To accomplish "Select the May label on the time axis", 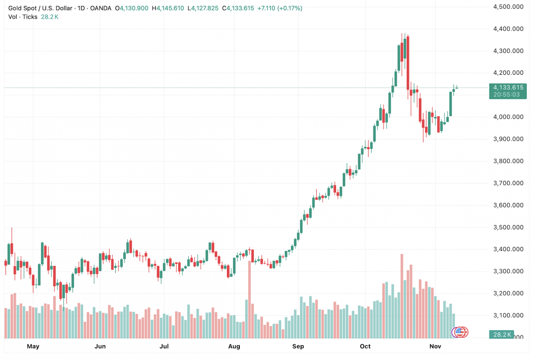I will [x=33, y=346].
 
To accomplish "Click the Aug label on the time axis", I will [x=234, y=346].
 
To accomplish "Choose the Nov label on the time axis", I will [x=435, y=346].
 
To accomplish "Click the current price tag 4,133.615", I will [x=508, y=87].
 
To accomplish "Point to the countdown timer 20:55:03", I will [x=508, y=94].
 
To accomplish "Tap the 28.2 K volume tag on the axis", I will [x=501, y=334].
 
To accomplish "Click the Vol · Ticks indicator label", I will [x=23, y=17].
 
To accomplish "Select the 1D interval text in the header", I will [x=82, y=8].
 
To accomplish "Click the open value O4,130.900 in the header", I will [x=132, y=8].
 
